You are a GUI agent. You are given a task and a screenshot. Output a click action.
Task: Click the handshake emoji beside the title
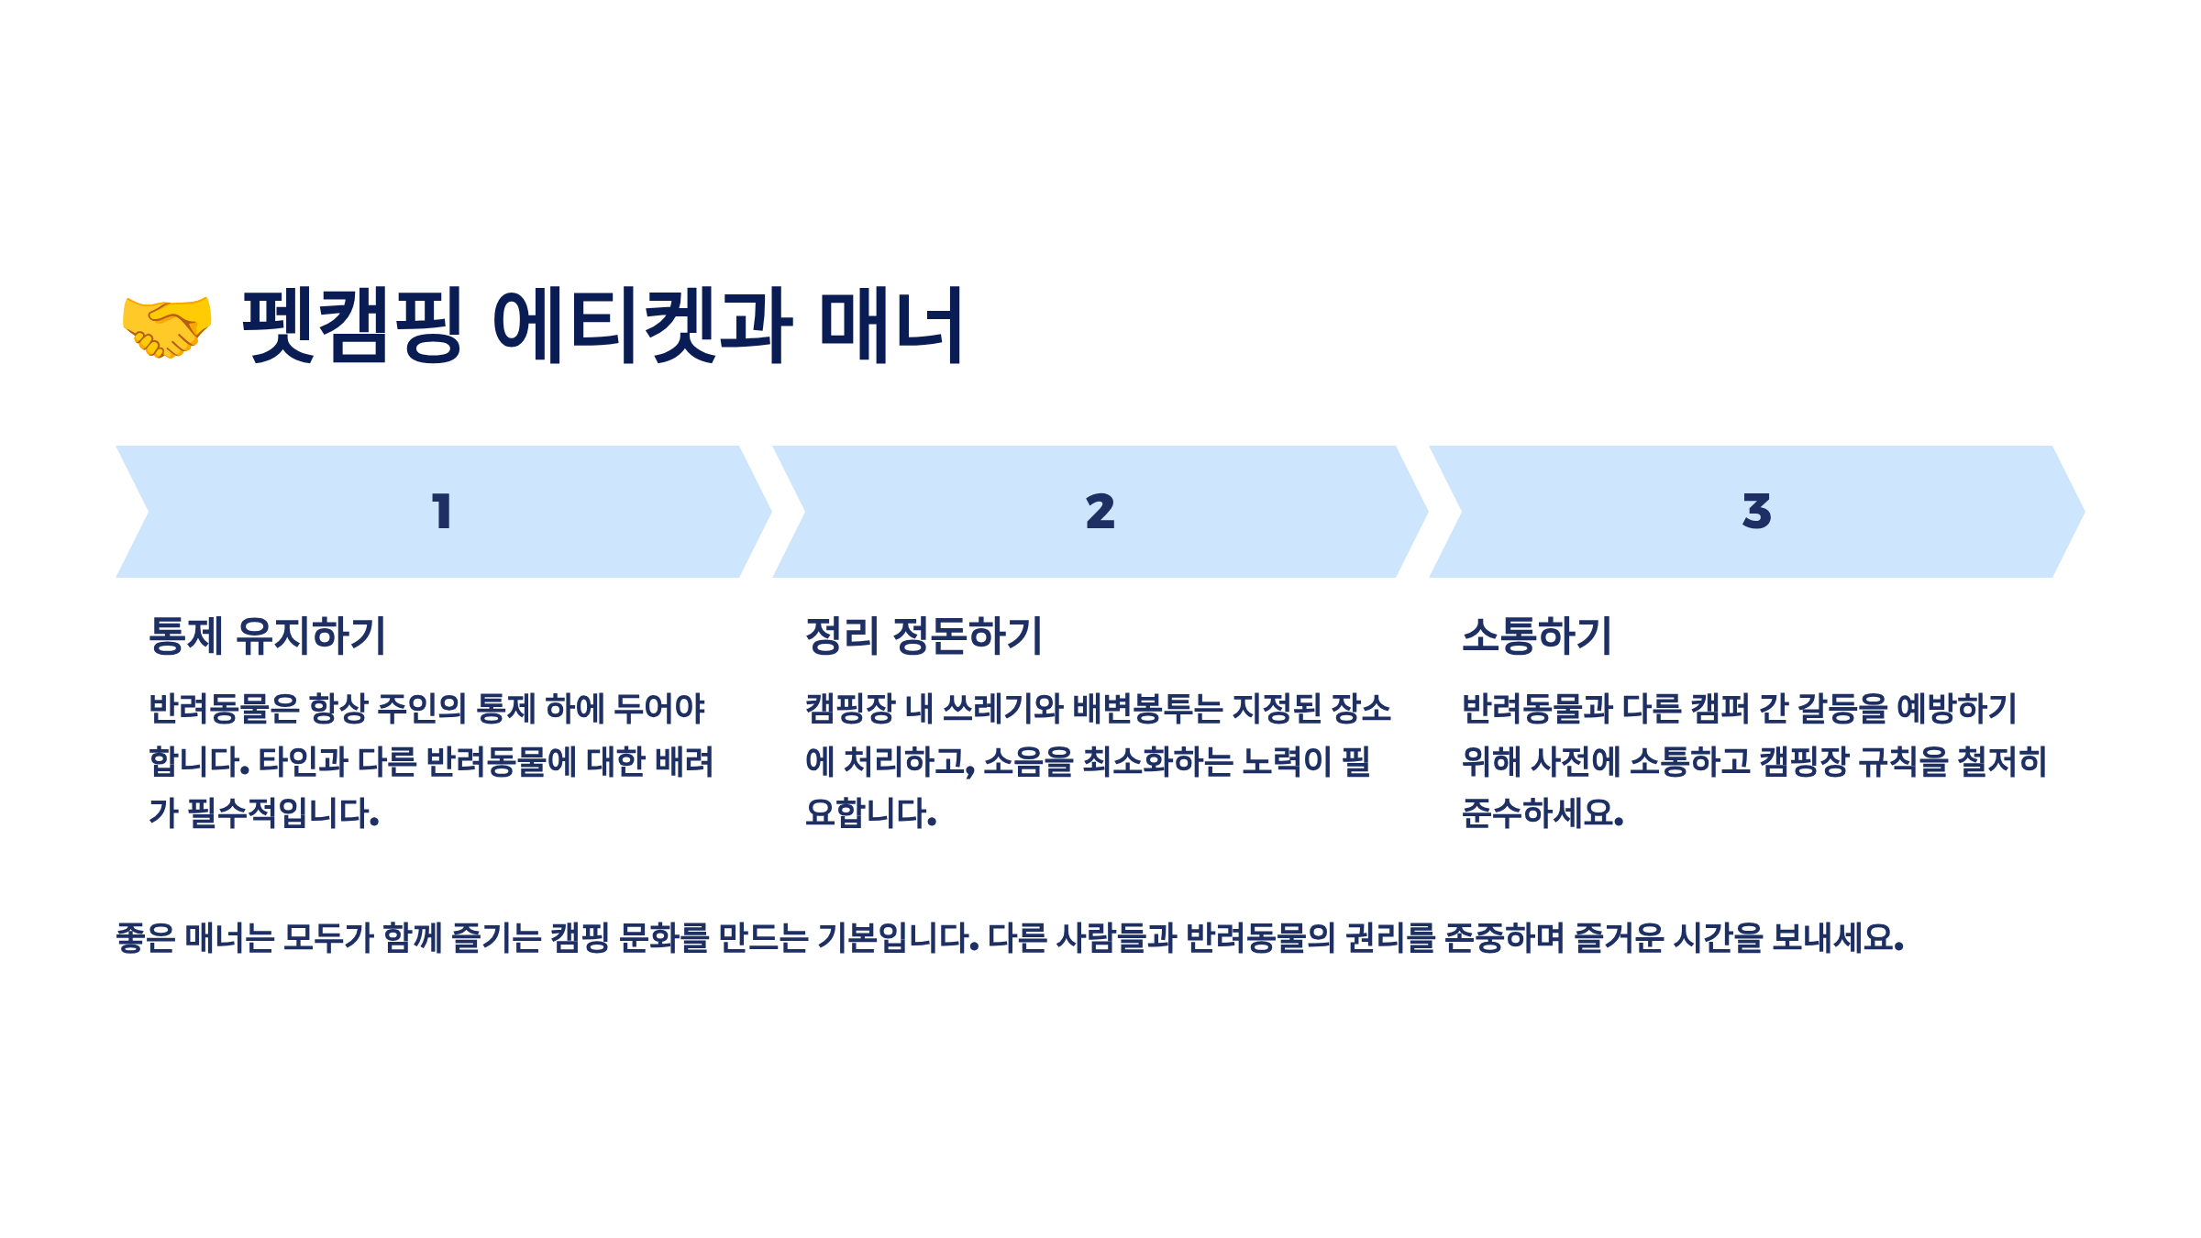pos(167,326)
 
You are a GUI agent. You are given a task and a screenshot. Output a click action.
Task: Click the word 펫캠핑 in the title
pos(352,325)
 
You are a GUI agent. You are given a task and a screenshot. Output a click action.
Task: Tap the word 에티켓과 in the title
pos(642,325)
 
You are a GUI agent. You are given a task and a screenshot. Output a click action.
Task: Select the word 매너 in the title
pos(890,325)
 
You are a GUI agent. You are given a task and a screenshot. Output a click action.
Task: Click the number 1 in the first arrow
pos(442,512)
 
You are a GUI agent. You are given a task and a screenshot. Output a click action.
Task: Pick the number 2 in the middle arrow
pos(1100,512)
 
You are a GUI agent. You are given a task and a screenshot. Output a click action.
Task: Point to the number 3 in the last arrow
pos(1756,512)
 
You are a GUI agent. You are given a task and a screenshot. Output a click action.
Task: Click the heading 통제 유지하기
pos(267,636)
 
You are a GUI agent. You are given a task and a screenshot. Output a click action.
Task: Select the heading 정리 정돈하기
pos(924,636)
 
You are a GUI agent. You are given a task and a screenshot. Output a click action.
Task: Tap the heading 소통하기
pos(1536,636)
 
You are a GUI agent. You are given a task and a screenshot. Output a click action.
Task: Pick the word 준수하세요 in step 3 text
pos(1542,813)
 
